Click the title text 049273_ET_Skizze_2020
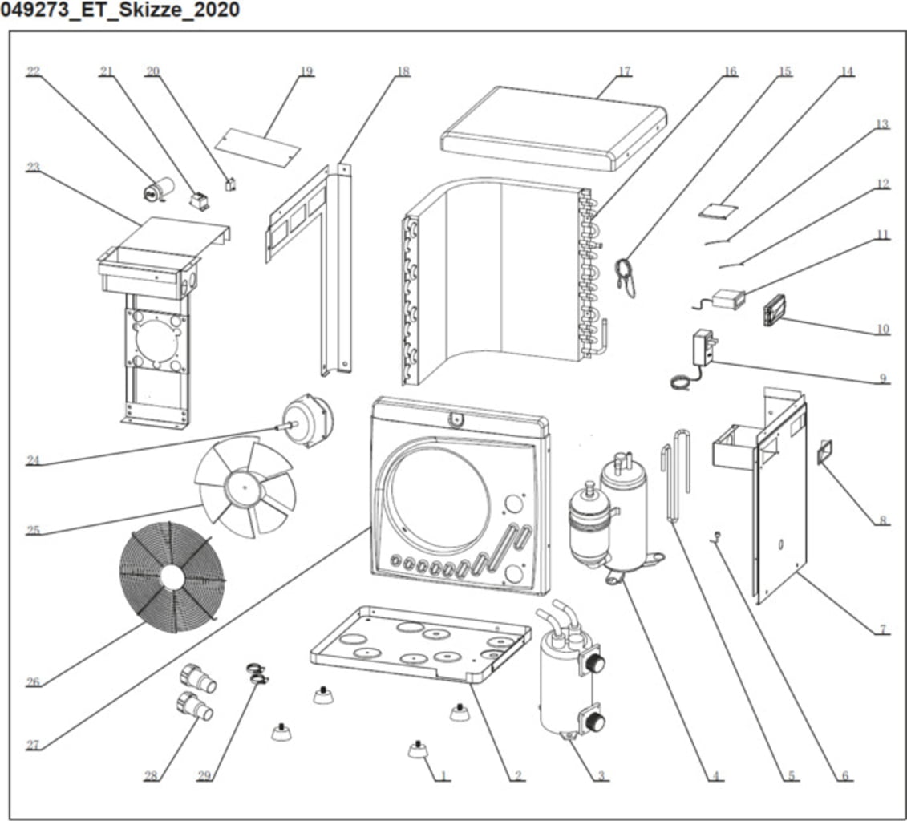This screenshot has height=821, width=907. pyautogui.click(x=120, y=11)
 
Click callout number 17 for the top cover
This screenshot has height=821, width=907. pyautogui.click(x=624, y=71)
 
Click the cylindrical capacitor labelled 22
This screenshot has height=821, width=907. pyautogui.click(x=152, y=190)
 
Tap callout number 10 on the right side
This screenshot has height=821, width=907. pyautogui.click(x=882, y=329)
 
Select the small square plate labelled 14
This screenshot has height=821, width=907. pyautogui.click(x=717, y=211)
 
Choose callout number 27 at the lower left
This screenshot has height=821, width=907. pyautogui.click(x=32, y=745)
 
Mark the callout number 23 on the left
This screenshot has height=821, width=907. pyautogui.click(x=33, y=167)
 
